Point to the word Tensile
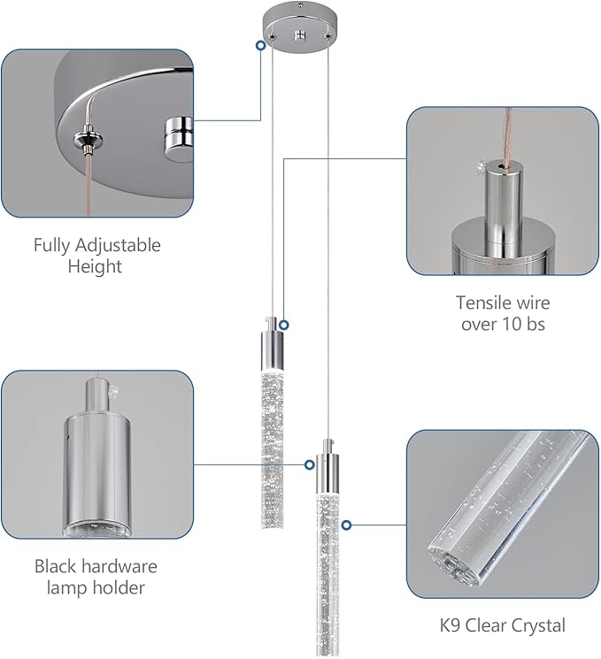coord(482,303)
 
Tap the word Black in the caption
coord(57,566)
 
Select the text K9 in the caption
coord(452,626)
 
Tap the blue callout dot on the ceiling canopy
coord(259,44)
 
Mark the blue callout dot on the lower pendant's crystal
coord(346,525)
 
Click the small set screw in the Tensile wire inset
coord(478,166)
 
